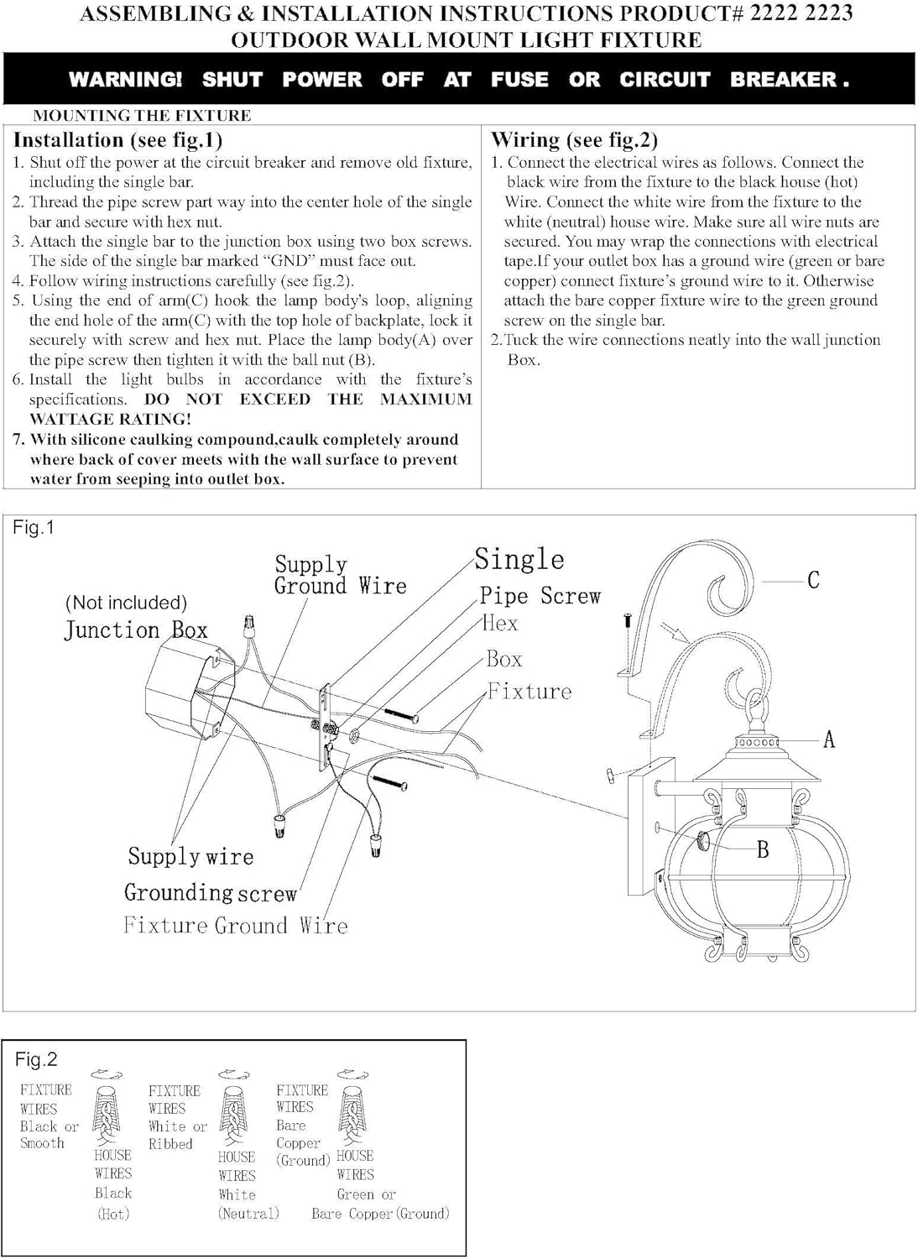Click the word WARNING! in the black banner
(x=125, y=80)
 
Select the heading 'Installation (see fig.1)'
(x=117, y=140)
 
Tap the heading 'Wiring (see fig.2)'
(x=574, y=140)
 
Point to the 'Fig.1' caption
(x=34, y=528)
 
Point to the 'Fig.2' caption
(x=36, y=1059)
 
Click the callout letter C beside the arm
(x=812, y=580)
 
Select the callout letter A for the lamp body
(x=829, y=739)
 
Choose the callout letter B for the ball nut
(x=762, y=849)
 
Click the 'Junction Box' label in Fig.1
(x=136, y=630)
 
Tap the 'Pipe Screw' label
(x=540, y=596)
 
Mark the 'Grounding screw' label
(x=211, y=892)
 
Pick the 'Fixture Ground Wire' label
(x=235, y=926)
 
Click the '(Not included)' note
(x=126, y=603)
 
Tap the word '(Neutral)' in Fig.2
(x=248, y=1214)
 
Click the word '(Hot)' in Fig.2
(x=113, y=1214)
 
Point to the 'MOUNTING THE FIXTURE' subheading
(x=142, y=116)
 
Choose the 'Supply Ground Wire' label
(x=340, y=575)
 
